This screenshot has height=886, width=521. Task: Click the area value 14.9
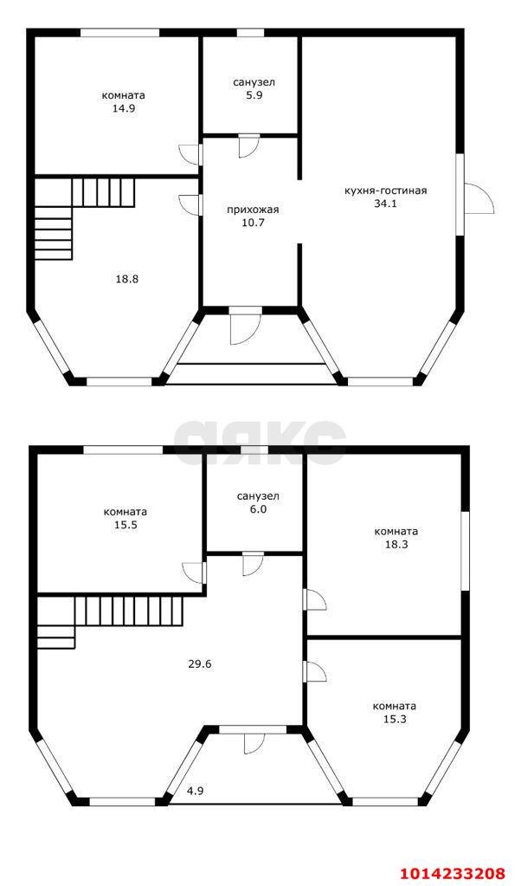click(x=123, y=108)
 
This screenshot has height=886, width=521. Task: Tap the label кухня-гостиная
click(x=385, y=191)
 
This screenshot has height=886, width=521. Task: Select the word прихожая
click(x=253, y=210)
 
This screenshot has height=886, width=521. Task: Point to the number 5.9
click(x=254, y=95)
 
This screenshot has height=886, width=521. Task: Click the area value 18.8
click(x=127, y=279)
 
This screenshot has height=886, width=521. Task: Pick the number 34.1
click(x=385, y=204)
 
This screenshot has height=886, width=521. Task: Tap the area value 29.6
click(x=199, y=664)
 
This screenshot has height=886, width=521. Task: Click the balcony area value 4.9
click(x=196, y=791)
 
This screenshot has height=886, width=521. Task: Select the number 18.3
click(x=396, y=545)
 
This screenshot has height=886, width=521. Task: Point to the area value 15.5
click(x=125, y=524)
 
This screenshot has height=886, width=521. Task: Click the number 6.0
click(x=258, y=509)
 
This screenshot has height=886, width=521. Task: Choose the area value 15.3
click(x=395, y=720)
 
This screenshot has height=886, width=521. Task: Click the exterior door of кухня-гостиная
click(x=479, y=199)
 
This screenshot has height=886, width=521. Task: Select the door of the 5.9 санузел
click(x=248, y=146)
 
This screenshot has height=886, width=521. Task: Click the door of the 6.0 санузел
click(x=253, y=565)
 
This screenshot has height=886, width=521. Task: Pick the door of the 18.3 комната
click(x=314, y=599)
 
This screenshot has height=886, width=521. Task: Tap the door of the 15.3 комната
click(x=314, y=672)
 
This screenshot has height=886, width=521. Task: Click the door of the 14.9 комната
click(x=190, y=155)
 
